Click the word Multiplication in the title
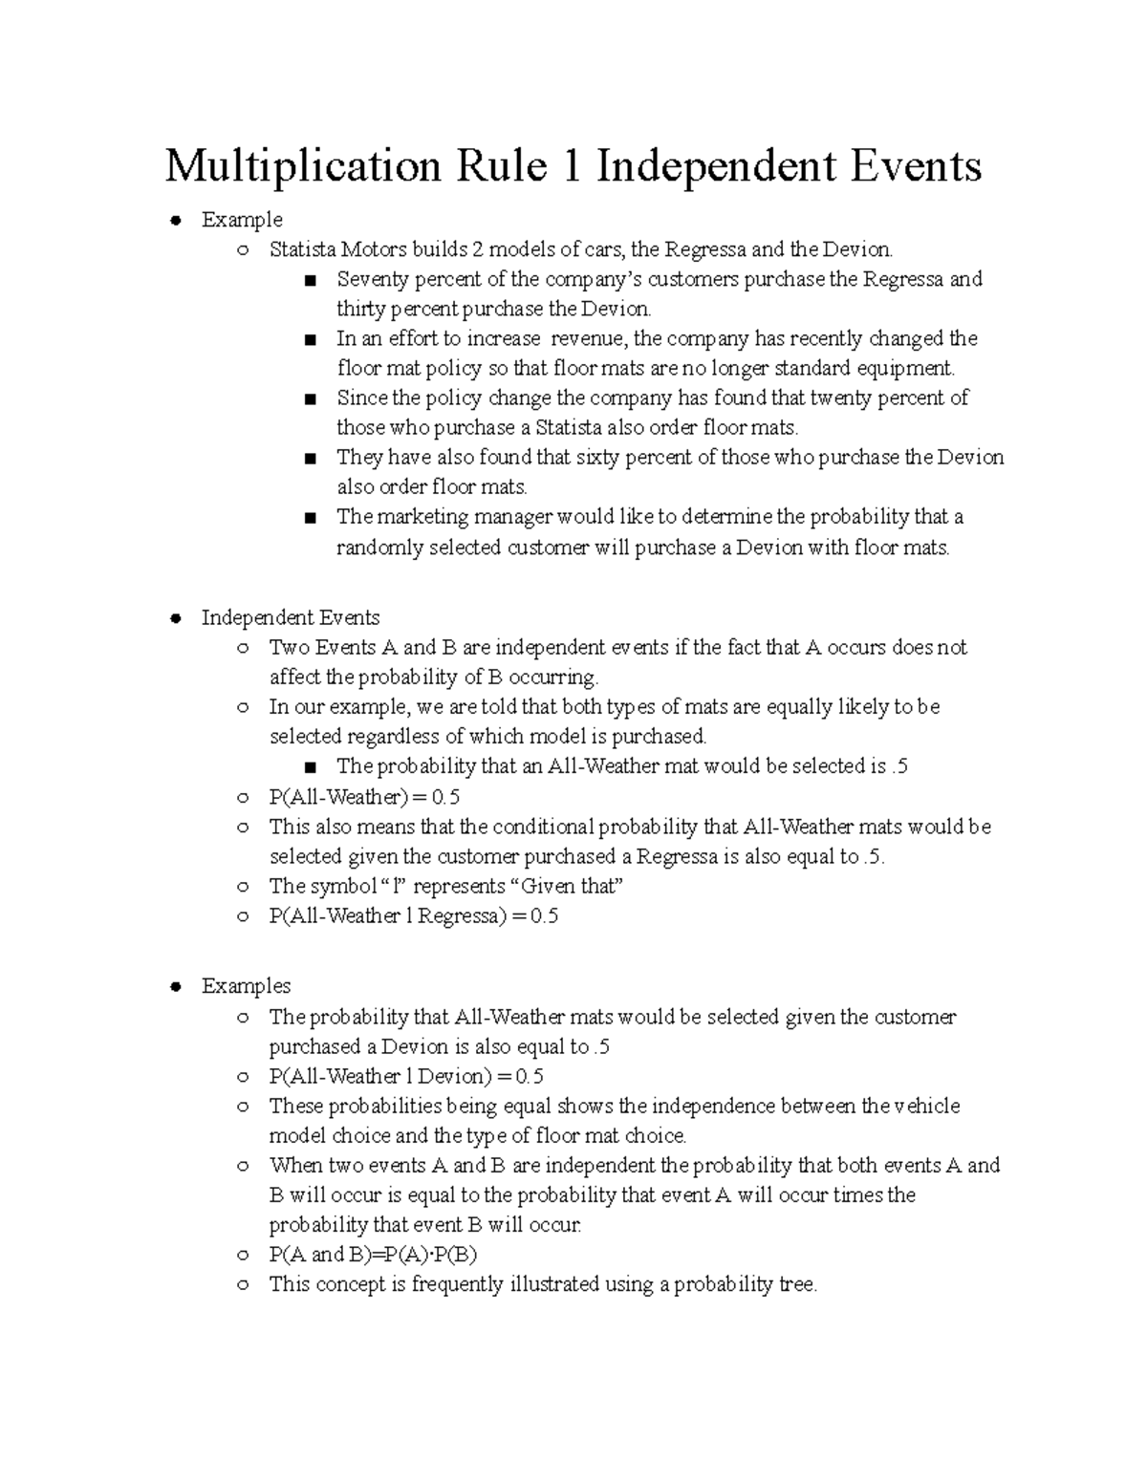tap(303, 168)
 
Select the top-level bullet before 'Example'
tap(175, 221)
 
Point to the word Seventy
tap(372, 280)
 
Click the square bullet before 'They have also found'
tap(309, 459)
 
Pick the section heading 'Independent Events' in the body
tap(291, 618)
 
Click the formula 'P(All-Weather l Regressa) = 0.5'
tap(413, 916)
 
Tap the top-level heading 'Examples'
tap(246, 986)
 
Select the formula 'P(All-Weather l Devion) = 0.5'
tap(406, 1077)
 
